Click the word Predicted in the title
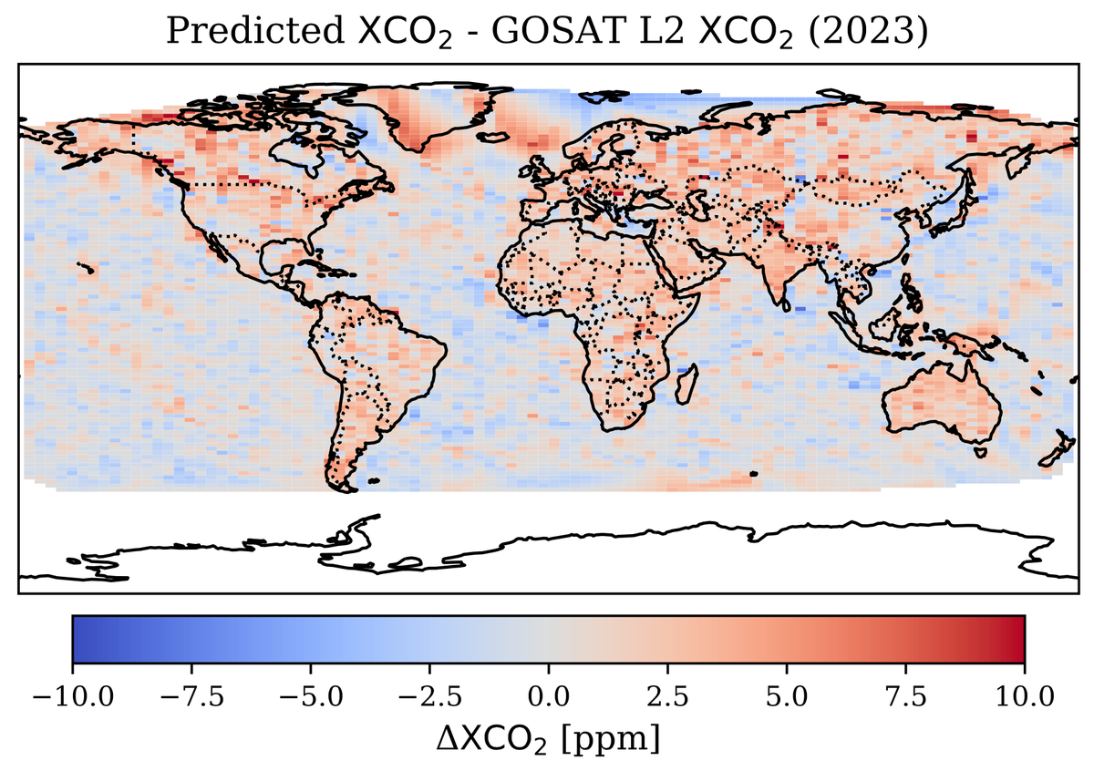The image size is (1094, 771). coord(255,31)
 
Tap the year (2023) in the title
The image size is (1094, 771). coord(868,32)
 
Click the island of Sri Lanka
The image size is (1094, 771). coord(786,305)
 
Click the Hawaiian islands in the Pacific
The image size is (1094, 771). coord(87,268)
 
